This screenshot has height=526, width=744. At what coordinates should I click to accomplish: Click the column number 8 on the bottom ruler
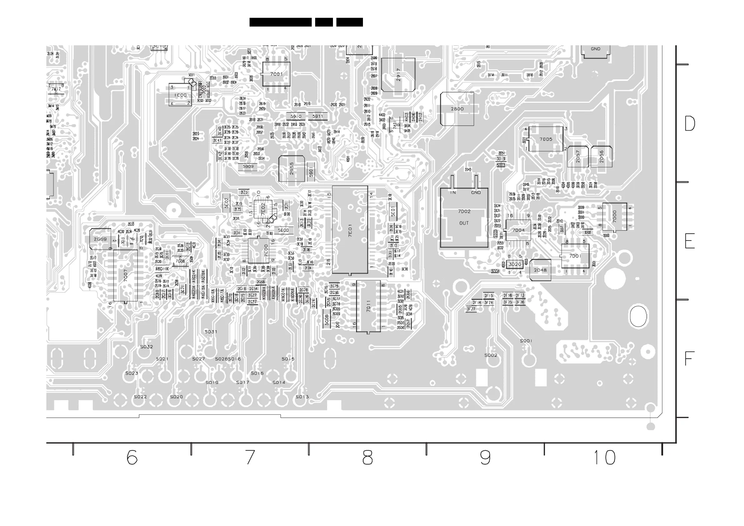[x=367, y=458]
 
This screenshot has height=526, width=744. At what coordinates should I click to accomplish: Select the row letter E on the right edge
[x=690, y=241]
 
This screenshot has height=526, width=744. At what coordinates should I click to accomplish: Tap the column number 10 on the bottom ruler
[x=605, y=458]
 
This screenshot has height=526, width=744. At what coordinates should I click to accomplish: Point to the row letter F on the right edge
[x=689, y=359]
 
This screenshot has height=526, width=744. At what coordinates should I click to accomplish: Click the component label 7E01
[x=350, y=230]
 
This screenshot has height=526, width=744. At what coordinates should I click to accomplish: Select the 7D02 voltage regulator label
[x=464, y=211]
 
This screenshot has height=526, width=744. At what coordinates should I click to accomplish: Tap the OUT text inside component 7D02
[x=464, y=223]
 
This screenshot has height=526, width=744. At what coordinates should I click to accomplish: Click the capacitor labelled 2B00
[x=457, y=109]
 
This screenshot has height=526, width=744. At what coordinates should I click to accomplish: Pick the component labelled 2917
[x=398, y=75]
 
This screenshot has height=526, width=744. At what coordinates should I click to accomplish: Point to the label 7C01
[x=276, y=74]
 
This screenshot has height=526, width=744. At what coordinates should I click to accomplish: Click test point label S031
[x=211, y=331]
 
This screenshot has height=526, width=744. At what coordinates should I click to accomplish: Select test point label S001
[x=526, y=341]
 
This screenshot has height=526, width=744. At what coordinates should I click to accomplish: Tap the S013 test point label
[x=302, y=397]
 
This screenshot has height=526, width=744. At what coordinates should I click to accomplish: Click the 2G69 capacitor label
[x=100, y=239]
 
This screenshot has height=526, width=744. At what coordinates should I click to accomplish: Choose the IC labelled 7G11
[x=369, y=306]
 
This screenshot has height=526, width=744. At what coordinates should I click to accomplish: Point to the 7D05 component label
[x=546, y=139]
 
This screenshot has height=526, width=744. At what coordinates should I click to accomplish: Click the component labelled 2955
[x=292, y=169]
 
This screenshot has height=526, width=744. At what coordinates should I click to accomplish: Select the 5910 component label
[x=296, y=116]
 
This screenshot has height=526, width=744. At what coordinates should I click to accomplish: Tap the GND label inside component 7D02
[x=476, y=192]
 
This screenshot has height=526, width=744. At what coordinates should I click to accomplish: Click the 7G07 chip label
[x=125, y=275]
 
